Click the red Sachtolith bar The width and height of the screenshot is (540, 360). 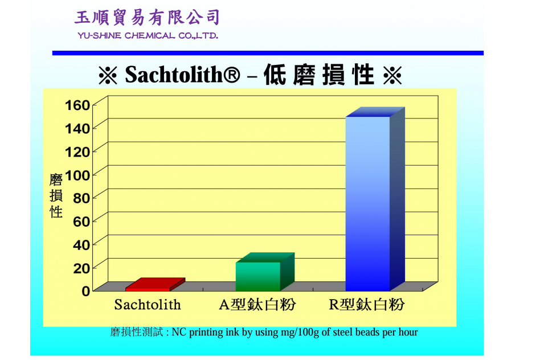(x=155, y=285)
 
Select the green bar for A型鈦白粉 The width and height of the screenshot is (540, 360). (x=265, y=272)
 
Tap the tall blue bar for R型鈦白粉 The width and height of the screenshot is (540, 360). (x=375, y=199)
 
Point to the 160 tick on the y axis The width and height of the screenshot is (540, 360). (x=77, y=105)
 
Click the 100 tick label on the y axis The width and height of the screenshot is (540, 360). (x=77, y=175)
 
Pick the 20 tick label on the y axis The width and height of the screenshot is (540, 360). (x=81, y=268)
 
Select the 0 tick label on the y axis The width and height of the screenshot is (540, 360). (x=86, y=291)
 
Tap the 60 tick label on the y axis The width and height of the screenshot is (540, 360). (x=81, y=222)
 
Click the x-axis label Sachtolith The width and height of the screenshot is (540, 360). (x=148, y=305)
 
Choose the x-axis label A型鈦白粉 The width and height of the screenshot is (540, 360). (x=257, y=305)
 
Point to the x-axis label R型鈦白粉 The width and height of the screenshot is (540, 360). (x=367, y=305)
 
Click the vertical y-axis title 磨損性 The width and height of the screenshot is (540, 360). (x=56, y=196)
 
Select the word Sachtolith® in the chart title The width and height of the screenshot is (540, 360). (x=182, y=75)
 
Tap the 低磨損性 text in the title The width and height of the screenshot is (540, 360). (x=319, y=75)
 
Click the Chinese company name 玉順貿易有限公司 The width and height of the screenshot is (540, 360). (x=148, y=18)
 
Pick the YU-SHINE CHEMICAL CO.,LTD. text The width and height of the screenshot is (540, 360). (x=148, y=36)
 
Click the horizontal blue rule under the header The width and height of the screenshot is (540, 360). (x=268, y=53)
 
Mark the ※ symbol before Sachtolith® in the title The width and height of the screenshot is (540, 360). (x=108, y=75)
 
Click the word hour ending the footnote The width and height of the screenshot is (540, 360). (x=408, y=332)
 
